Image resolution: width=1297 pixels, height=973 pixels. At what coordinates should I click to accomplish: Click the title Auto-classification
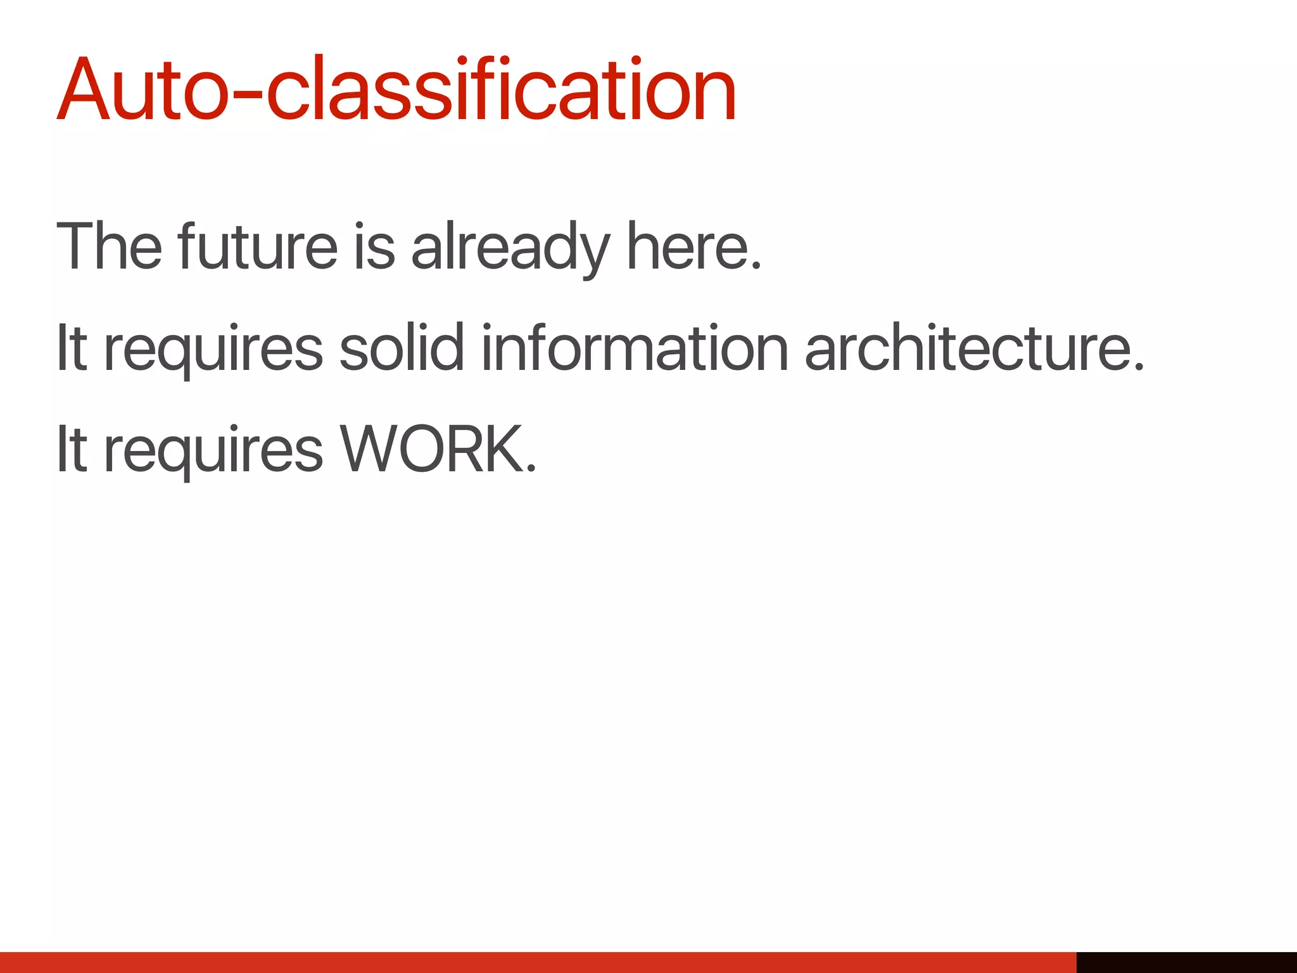(396, 90)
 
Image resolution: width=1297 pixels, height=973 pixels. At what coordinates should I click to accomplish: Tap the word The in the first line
(109, 246)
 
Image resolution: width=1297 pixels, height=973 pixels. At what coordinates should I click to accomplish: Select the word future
(257, 246)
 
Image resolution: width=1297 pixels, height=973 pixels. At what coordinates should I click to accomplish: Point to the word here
(688, 246)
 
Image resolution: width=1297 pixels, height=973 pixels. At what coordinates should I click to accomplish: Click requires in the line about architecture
(213, 350)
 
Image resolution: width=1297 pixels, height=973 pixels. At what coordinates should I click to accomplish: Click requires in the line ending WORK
(213, 452)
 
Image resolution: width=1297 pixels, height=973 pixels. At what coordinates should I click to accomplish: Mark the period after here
(756, 266)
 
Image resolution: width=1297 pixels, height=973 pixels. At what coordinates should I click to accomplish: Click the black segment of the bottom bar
(1186, 962)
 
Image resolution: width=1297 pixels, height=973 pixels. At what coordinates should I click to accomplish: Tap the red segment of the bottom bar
(538, 962)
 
